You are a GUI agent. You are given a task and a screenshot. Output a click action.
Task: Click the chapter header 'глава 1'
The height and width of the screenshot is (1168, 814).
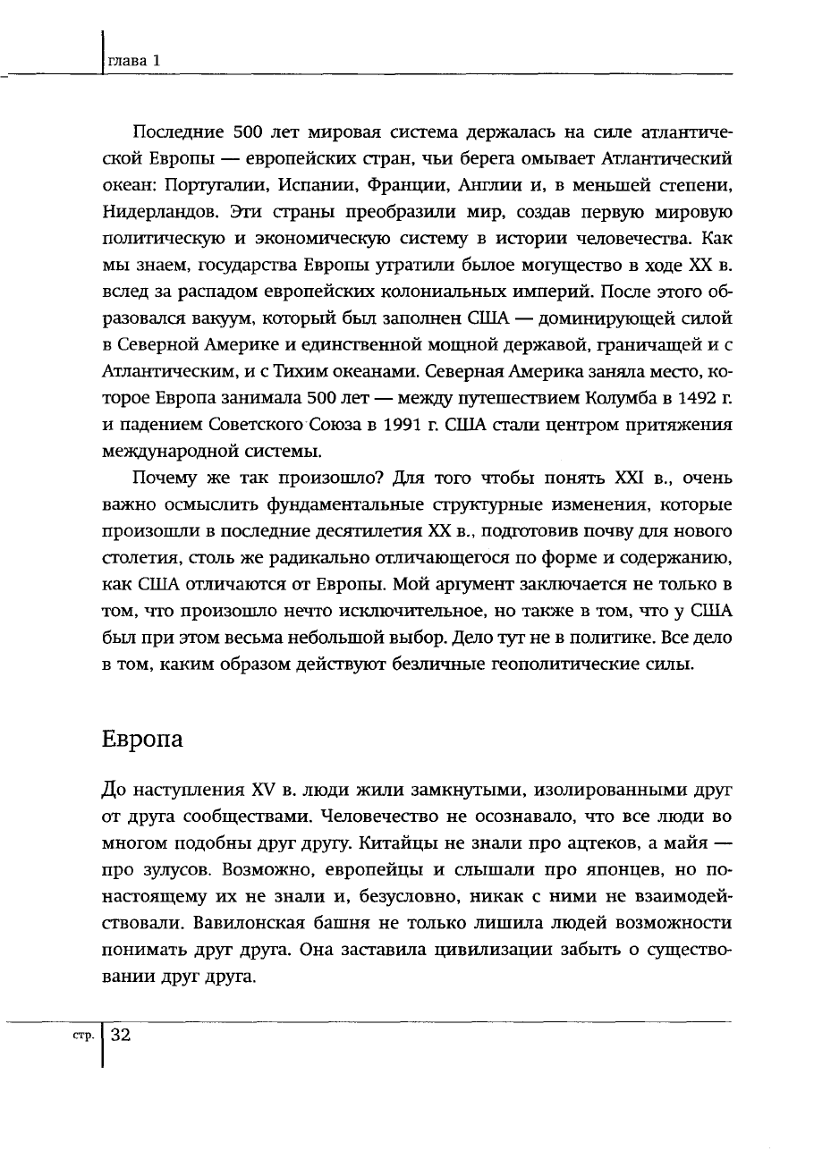(134, 61)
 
